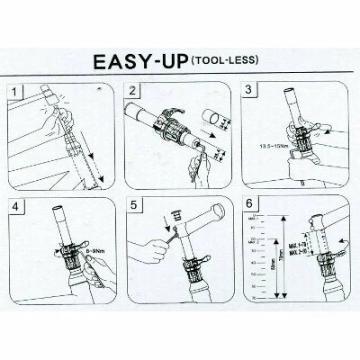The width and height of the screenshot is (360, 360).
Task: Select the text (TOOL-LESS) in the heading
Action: pos(223,60)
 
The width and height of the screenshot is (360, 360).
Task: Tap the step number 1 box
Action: pos(15,92)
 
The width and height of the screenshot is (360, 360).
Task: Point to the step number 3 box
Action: pos(250,92)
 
